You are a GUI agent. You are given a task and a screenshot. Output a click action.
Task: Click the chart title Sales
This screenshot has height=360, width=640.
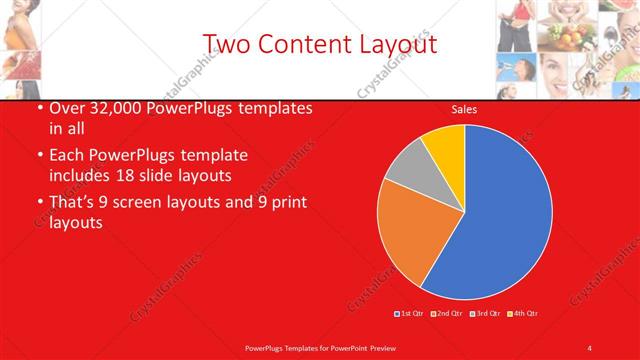tap(464, 110)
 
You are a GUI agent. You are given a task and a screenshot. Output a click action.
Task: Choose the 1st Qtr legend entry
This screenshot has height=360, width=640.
tap(410, 314)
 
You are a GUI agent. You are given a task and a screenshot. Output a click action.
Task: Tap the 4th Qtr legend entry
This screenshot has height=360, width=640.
tap(523, 314)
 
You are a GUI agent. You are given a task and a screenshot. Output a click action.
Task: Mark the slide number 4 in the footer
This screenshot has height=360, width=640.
tap(590, 347)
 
